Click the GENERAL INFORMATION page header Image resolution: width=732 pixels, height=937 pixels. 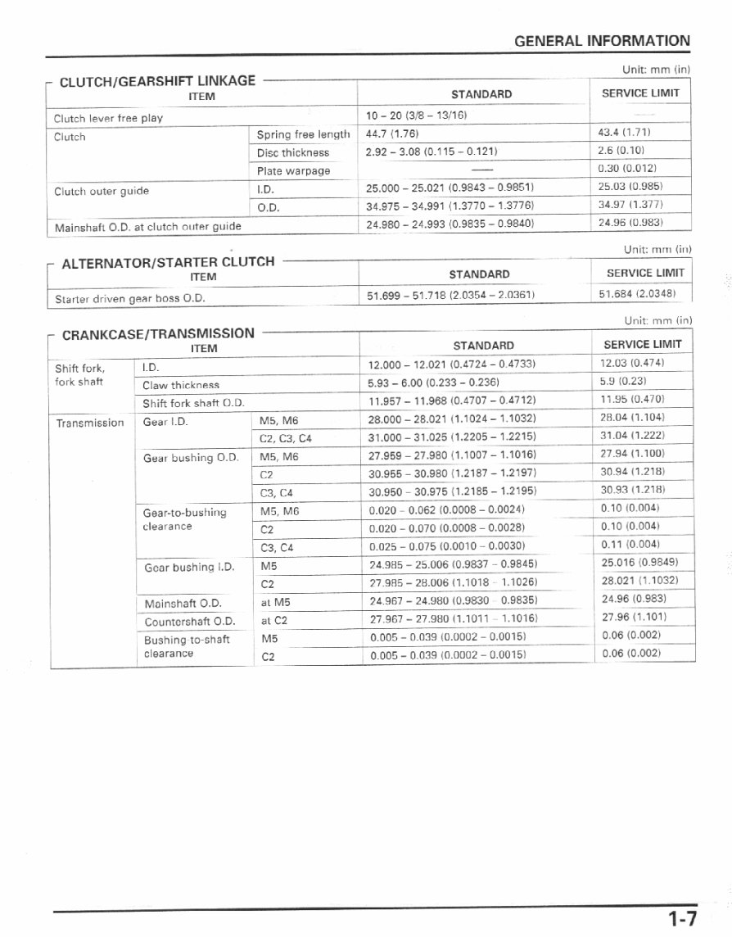coord(602,40)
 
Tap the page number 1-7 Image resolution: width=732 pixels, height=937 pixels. coord(682,919)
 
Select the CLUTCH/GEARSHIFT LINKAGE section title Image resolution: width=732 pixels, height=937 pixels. coord(157,80)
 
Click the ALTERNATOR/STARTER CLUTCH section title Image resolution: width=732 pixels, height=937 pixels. coord(168,262)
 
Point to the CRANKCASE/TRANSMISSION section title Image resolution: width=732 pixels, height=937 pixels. coord(158,333)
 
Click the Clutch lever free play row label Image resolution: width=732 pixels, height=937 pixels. coord(108,118)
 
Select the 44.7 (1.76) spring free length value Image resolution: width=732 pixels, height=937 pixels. coord(392,134)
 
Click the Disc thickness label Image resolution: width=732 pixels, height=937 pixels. coord(292,152)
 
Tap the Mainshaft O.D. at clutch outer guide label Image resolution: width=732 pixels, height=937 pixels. coord(147,226)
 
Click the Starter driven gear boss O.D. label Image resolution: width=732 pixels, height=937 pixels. coord(129,299)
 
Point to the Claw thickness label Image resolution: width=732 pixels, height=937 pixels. coord(180,384)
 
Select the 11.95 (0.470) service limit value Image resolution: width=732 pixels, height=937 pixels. coord(632,399)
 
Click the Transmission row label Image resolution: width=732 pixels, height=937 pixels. coord(90,423)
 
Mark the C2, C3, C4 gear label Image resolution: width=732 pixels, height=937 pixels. coord(285,438)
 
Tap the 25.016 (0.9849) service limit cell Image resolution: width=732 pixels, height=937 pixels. coord(639,562)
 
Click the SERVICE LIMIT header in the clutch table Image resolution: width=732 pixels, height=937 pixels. coord(640,93)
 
